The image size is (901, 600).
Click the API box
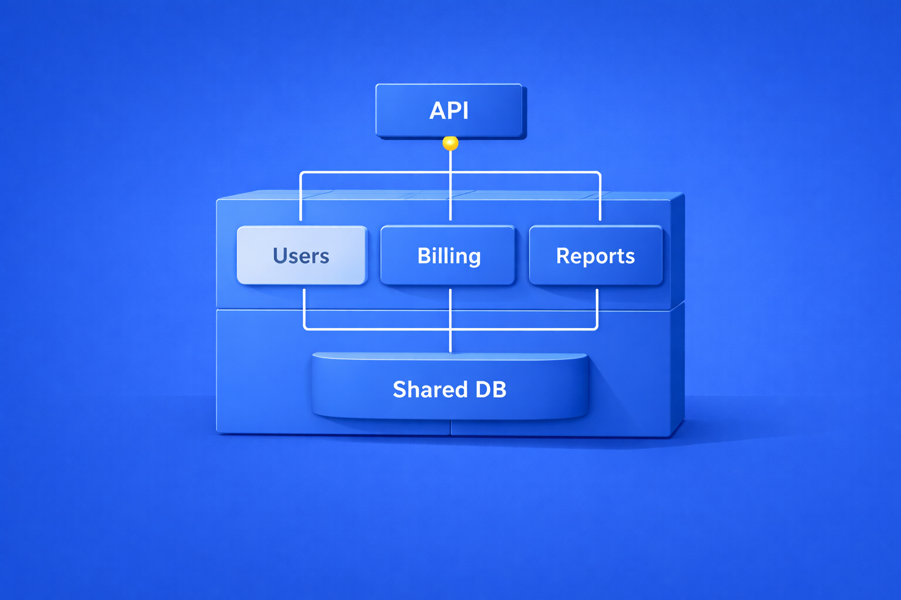click(449, 111)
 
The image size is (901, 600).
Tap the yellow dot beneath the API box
click(450, 143)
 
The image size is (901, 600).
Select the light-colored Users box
click(302, 255)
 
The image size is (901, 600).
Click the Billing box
click(448, 255)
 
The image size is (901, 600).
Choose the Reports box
click(595, 255)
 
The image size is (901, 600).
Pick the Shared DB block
click(449, 387)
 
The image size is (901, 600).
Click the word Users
click(301, 256)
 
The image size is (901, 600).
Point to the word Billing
click(449, 256)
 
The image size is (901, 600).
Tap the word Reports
click(595, 256)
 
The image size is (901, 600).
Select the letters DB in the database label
click(490, 390)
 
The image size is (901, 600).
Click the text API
click(449, 111)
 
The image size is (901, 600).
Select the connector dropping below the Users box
click(304, 308)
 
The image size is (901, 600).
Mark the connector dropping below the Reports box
click(597, 308)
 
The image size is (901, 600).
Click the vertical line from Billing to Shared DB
click(450, 319)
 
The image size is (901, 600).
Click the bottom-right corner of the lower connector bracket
click(596, 328)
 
